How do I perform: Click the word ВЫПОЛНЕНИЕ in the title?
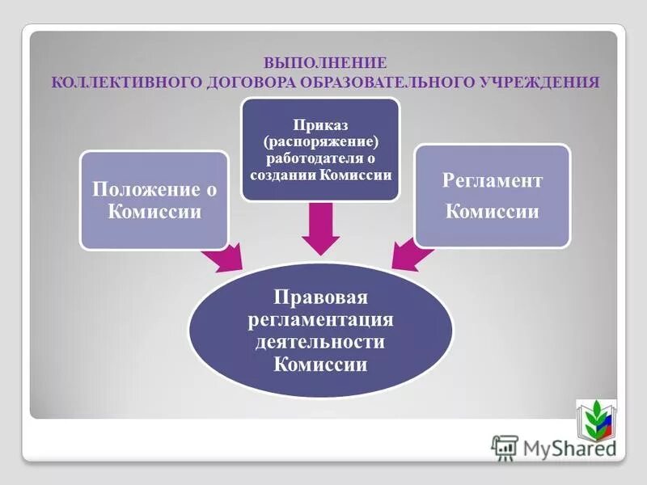click(x=326, y=62)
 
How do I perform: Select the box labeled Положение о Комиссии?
click(x=153, y=200)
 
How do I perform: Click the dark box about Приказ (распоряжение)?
click(x=321, y=150)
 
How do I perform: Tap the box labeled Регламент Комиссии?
click(x=492, y=196)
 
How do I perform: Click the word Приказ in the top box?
click(x=321, y=126)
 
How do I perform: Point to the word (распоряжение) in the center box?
click(x=321, y=142)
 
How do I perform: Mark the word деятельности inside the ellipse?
click(x=321, y=342)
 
